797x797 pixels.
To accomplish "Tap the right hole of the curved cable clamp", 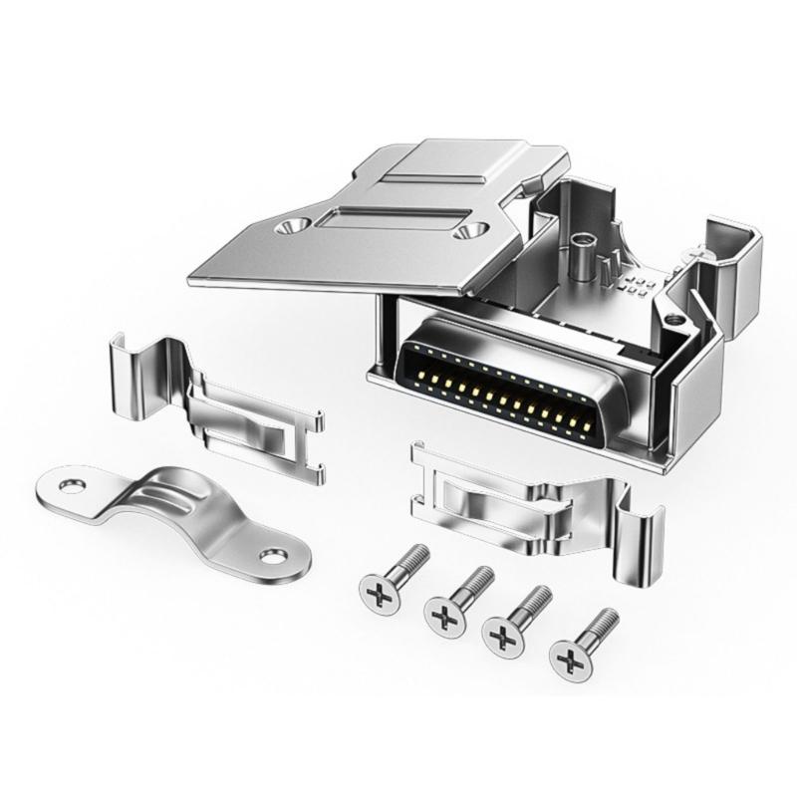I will coord(271,553).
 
